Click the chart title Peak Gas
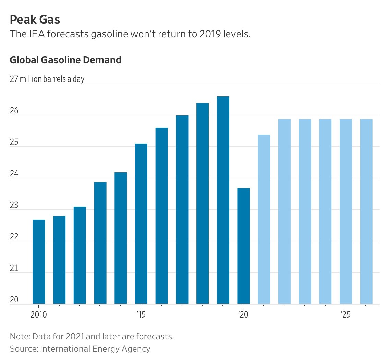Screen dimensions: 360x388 click(x=35, y=20)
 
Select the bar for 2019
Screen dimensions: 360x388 click(x=223, y=200)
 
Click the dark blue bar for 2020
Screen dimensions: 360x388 click(x=243, y=246)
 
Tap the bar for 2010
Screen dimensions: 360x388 click(x=39, y=262)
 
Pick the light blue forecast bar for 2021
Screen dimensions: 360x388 click(x=264, y=219)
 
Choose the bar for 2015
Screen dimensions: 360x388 click(x=141, y=224)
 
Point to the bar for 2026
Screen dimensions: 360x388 click(x=366, y=211)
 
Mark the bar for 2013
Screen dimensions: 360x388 click(x=100, y=243)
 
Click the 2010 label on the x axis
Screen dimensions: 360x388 click(x=39, y=314)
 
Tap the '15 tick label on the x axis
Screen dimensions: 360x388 click(x=141, y=314)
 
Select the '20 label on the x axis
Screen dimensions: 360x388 click(x=243, y=314)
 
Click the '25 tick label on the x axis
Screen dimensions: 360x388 click(x=345, y=314)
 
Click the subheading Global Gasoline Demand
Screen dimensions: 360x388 click(x=65, y=60)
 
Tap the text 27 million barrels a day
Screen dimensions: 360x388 click(x=47, y=79)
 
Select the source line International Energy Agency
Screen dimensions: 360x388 click(x=80, y=349)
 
